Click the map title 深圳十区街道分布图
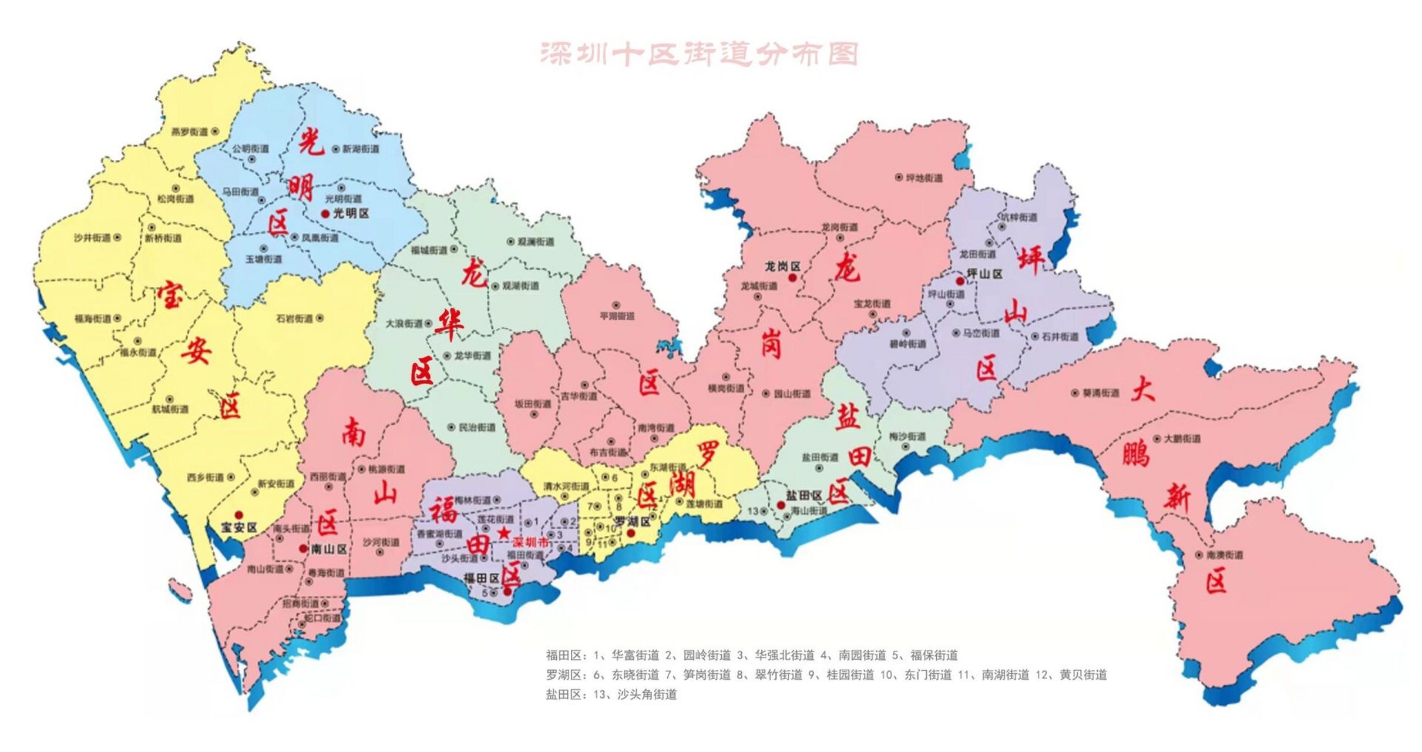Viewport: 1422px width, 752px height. (x=699, y=54)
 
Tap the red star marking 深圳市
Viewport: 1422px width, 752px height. (x=503, y=533)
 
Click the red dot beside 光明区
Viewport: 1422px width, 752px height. (x=325, y=214)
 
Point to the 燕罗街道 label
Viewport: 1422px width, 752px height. (x=189, y=132)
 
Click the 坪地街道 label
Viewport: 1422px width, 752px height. (x=924, y=177)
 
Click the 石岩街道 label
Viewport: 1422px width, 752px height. (x=295, y=318)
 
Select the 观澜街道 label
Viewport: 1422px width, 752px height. (x=536, y=241)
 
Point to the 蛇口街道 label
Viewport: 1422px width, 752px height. (x=322, y=618)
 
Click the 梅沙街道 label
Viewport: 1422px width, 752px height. (x=907, y=437)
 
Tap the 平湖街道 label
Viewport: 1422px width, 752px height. (x=617, y=316)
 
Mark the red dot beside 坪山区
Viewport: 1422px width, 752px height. (x=960, y=281)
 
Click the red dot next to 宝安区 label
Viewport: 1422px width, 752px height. (x=238, y=515)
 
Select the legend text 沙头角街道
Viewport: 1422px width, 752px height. (x=647, y=694)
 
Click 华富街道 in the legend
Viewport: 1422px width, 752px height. (x=635, y=655)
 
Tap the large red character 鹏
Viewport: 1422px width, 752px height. (x=1134, y=454)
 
